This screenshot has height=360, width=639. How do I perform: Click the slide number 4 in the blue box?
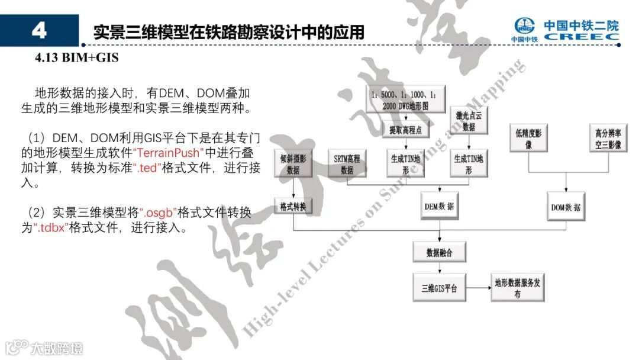pyautogui.click(x=39, y=31)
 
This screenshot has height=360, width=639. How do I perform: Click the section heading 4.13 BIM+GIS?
pyautogui.click(x=77, y=58)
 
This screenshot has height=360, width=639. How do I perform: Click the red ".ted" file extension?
pyautogui.click(x=146, y=168)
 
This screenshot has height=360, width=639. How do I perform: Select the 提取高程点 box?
pyautogui.click(x=405, y=130)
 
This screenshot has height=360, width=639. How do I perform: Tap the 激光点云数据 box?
pyautogui.click(x=469, y=121)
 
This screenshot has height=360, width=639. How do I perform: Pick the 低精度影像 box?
pyautogui.click(x=528, y=139)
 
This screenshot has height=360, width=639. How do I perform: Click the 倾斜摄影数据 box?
pyautogui.click(x=293, y=164)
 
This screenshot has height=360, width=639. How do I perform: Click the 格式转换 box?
pyautogui.click(x=293, y=207)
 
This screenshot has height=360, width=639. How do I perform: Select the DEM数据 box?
pyautogui.click(x=440, y=207)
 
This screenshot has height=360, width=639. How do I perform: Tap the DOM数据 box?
pyautogui.click(x=565, y=207)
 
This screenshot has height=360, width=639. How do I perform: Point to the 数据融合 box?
pyautogui.click(x=440, y=252)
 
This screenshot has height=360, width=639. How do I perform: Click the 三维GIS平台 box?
pyautogui.click(x=440, y=289)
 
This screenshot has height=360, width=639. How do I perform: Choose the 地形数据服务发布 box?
pyautogui.click(x=517, y=288)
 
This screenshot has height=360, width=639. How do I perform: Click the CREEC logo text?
pyautogui.click(x=581, y=37)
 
